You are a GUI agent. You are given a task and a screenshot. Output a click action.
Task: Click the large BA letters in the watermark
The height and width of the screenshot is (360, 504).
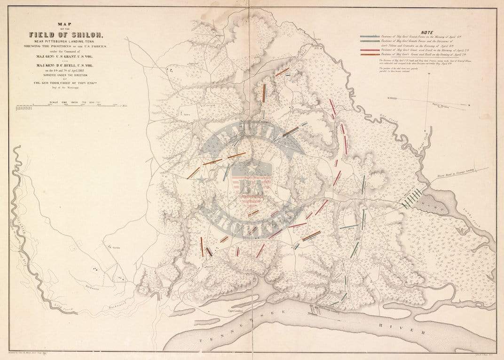[x=252, y=185]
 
